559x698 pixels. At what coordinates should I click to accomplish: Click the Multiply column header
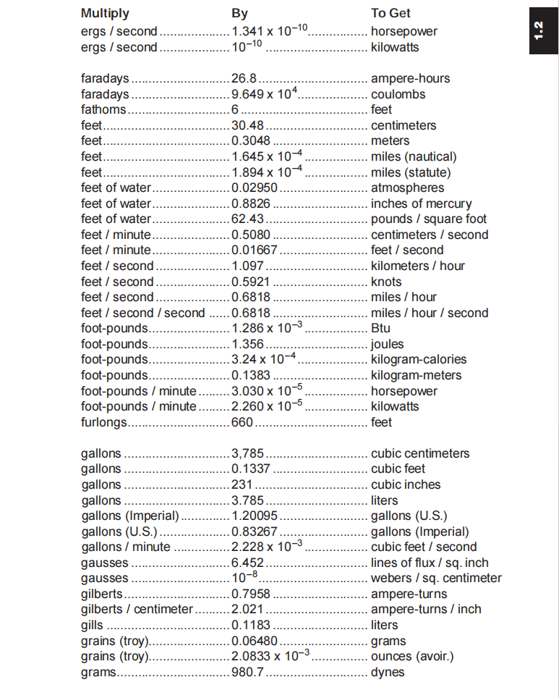coord(105,13)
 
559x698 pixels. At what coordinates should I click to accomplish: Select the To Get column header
coord(391,13)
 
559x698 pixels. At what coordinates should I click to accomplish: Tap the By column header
coord(239,13)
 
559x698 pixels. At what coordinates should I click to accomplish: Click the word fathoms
coord(103,109)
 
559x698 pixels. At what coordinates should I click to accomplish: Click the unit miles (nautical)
coord(414,156)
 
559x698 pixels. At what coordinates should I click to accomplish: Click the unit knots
coord(386,282)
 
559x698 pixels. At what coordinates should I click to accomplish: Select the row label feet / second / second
coord(143,313)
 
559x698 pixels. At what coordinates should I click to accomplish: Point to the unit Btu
coord(380,328)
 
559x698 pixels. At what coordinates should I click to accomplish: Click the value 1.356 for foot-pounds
coord(247,344)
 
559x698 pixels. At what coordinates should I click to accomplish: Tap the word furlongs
coord(104,422)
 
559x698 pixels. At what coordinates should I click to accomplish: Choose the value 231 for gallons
coord(242,484)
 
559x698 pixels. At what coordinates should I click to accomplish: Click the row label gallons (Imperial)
coord(130,516)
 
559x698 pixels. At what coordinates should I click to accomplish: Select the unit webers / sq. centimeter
coord(436,578)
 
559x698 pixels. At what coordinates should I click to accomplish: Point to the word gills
coord(93,625)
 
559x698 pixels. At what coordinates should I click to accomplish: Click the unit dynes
coord(388,672)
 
